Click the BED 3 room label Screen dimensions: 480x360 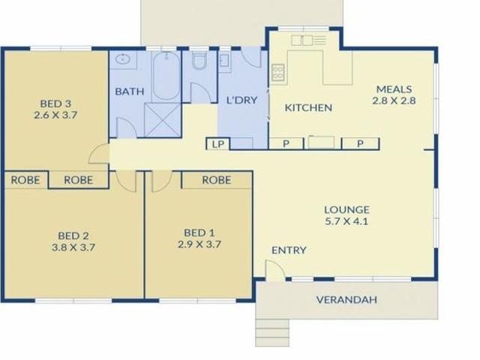tap(55, 103)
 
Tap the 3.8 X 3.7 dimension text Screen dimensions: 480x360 tap(73, 247)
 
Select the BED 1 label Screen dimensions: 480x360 tap(199, 232)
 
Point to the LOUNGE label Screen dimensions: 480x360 tap(346, 210)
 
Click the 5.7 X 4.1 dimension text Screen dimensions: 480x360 tap(346, 221)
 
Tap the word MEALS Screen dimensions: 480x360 tap(394, 89)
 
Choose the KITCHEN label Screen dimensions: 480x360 tap(308, 108)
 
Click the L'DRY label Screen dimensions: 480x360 tap(241, 100)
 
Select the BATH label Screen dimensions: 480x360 tap(130, 91)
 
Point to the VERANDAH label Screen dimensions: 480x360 tap(346, 299)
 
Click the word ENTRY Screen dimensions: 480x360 tap(289, 250)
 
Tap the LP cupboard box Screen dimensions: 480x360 tap(217, 144)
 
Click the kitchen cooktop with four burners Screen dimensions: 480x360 tap(277, 73)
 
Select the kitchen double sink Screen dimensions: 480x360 tap(302, 40)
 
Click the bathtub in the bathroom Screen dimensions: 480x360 tap(166, 76)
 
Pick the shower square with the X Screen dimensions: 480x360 tap(163, 120)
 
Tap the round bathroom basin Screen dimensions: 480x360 tap(123, 58)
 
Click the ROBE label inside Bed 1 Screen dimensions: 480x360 tap(217, 180)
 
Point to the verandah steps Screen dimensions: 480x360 tap(272, 333)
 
